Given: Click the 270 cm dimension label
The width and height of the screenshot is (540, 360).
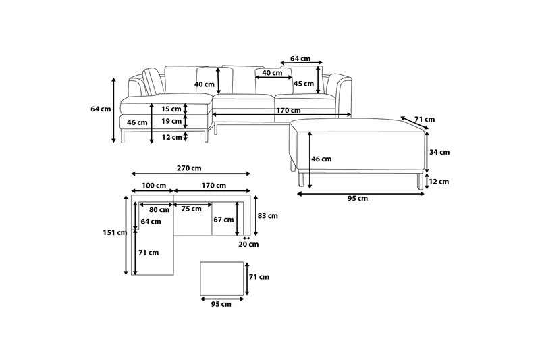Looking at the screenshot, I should pos(190,168).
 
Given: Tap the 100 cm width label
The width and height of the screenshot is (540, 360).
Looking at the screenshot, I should pos(154,185).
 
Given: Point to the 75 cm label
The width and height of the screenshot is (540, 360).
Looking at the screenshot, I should pos(192,209).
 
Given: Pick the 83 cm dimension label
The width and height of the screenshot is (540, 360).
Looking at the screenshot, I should pos(268,216).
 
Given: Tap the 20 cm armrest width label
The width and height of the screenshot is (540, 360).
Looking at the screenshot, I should pos(248,245).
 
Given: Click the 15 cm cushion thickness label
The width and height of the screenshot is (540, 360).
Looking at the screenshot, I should pos(171,109).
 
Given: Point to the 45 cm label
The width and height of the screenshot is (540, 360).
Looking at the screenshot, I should pos(304,84).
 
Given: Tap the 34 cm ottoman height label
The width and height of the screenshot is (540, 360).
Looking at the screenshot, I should pos(439,152).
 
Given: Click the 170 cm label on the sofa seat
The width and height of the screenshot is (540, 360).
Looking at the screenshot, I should pos(288,111).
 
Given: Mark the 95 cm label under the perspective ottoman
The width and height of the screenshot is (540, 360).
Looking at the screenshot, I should pos(358,199).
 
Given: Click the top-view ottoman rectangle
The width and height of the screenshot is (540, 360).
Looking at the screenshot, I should pos(222,279).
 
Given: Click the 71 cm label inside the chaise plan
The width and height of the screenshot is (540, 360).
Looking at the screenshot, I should pos(149,253).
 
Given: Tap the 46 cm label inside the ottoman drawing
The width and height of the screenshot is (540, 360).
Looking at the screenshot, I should pos(322,159).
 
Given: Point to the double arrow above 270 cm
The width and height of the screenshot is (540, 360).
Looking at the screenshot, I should pos(190,174).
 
